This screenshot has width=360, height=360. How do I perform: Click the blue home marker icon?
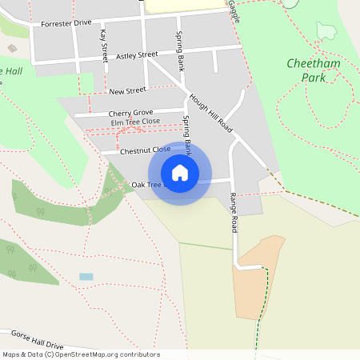pyautogui.click(x=180, y=173)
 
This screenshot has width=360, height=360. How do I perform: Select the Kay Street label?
pyautogui.click(x=104, y=46)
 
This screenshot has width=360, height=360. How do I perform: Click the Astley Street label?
pyautogui.click(x=137, y=55)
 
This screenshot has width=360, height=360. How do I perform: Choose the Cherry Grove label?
pyautogui.click(x=130, y=113)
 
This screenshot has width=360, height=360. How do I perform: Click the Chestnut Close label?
pyautogui.click(x=145, y=150)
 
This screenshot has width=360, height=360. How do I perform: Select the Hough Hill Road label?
pyautogui.click(x=210, y=114)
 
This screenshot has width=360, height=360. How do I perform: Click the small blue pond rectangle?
pyautogui.click(x=86, y=277)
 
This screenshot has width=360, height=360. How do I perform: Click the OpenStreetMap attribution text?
pyautogui.click(x=80, y=354)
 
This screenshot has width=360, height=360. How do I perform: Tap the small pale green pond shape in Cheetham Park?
pyautogui.click(x=326, y=31)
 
